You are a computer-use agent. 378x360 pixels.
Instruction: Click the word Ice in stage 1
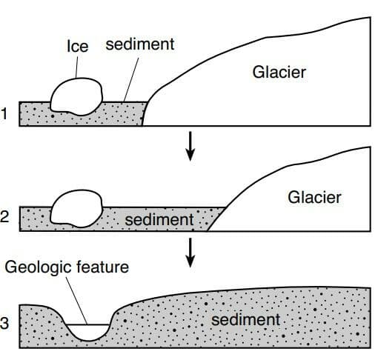(x=78, y=46)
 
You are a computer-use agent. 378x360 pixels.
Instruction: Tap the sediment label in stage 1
(x=140, y=44)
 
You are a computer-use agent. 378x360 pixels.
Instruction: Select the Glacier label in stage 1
(x=279, y=72)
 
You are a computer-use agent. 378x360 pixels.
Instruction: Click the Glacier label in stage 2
(x=314, y=197)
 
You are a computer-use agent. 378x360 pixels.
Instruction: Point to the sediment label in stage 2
(x=159, y=219)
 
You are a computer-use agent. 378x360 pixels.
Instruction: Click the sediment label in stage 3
(x=246, y=319)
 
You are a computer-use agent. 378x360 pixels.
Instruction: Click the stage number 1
(x=4, y=114)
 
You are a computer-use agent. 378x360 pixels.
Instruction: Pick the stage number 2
(x=4, y=216)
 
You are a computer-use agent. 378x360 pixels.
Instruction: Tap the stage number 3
(x=4, y=323)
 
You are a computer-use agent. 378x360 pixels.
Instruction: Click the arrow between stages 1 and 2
(x=190, y=146)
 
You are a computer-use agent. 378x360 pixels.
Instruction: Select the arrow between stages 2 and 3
(x=190, y=253)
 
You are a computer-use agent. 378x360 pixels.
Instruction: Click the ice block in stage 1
(x=76, y=97)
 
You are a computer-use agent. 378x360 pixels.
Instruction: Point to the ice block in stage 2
(x=76, y=208)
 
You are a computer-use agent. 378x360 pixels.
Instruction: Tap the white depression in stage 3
(x=88, y=332)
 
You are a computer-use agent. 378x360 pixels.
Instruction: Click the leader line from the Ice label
(x=76, y=67)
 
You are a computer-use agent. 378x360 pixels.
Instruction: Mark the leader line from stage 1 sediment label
(x=131, y=79)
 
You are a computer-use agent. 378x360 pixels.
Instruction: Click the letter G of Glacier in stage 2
(x=294, y=198)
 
